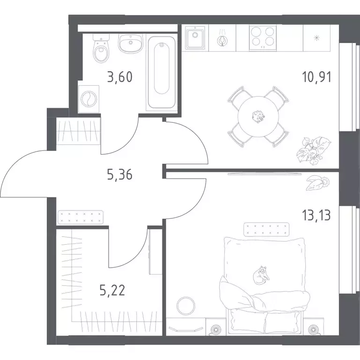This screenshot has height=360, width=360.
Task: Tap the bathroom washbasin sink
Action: (x=131, y=43)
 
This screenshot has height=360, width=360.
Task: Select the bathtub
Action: (x=162, y=72)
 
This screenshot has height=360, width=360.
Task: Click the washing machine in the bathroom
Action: (x=89, y=99)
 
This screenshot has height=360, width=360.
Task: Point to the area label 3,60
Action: (x=120, y=77)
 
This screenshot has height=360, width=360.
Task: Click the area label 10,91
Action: (x=316, y=77)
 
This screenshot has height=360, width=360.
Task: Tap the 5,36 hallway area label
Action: (x=120, y=175)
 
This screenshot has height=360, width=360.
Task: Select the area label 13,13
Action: (x=316, y=216)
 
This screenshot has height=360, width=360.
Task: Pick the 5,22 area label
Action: (x=112, y=290)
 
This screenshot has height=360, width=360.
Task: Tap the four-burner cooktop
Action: (x=263, y=37)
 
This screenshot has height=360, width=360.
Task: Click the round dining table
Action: (x=258, y=117)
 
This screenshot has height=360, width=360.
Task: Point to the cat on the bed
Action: (x=261, y=275)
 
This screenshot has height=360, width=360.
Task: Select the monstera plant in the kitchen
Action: (x=314, y=150)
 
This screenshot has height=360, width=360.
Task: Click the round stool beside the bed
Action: (x=186, y=305)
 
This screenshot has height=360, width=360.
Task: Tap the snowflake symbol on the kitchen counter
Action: (x=317, y=38)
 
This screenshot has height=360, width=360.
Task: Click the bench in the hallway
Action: (x=81, y=217)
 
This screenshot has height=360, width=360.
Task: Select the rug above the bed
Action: (x=266, y=229)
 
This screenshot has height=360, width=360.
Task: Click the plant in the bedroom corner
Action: (x=318, y=183)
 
